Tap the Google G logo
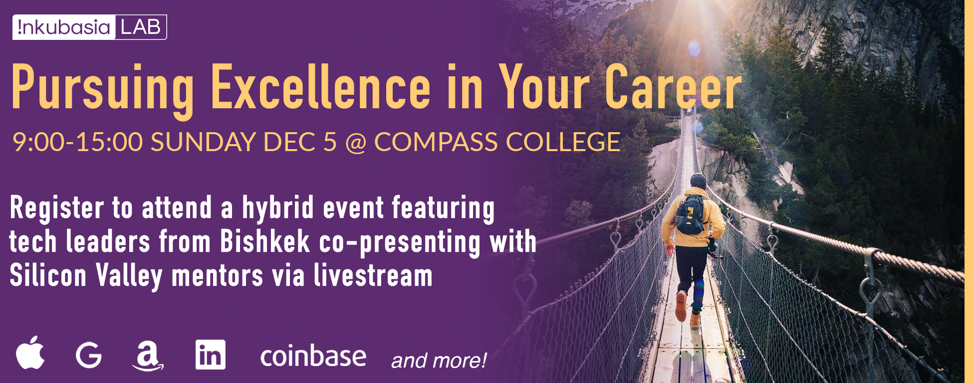(89, 356)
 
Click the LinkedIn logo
(211, 355)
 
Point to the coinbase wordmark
(313, 356)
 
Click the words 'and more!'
(439, 360)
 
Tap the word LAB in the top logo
(141, 27)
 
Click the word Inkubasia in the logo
(64, 27)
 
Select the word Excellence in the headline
(321, 87)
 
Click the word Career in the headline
(674, 87)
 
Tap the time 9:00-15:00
(78, 142)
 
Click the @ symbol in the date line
(356, 143)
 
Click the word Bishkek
(265, 241)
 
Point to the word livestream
(373, 275)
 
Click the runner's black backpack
(691, 214)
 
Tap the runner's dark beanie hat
(698, 180)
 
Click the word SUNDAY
(203, 142)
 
